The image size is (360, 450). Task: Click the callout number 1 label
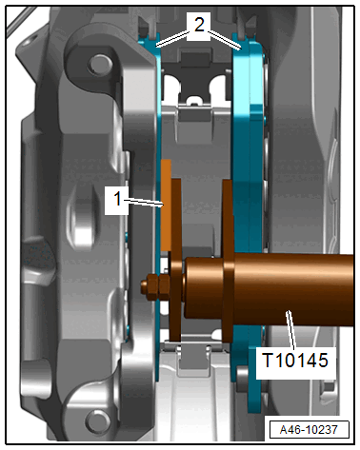[117, 199]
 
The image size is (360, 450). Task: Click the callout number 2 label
[199, 24]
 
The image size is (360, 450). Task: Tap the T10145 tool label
[295, 361]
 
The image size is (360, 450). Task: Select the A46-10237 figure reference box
[309, 430]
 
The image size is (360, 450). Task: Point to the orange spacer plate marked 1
[166, 205]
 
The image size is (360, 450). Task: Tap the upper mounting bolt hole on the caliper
[97, 65]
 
